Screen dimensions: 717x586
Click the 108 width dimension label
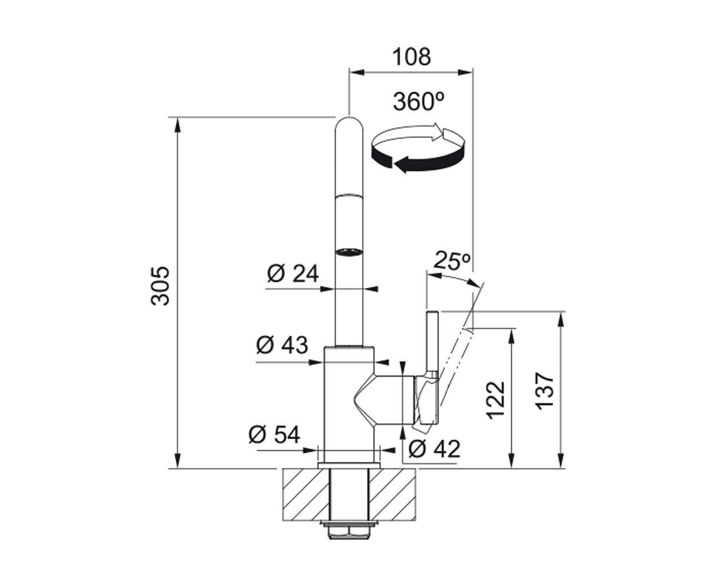(411, 57)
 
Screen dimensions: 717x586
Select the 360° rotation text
(419, 101)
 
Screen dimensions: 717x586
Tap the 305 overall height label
(160, 286)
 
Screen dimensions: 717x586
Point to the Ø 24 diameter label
(293, 273)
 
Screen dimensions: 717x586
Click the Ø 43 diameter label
(282, 345)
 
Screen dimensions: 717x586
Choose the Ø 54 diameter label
(274, 434)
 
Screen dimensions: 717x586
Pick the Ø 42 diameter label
(435, 449)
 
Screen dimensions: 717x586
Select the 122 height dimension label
(495, 399)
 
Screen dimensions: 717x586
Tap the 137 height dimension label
(544, 391)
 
